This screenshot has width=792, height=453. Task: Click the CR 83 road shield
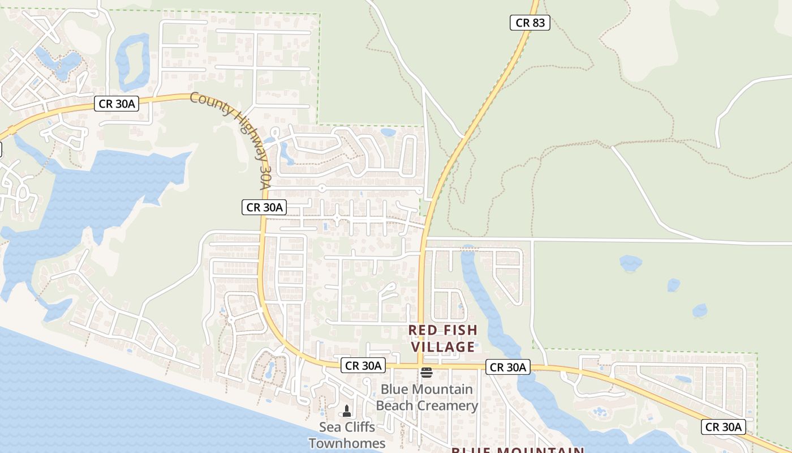pos(530,23)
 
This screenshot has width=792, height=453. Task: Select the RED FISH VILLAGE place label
pos(443,338)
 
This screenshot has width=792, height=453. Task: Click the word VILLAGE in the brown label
pos(443,347)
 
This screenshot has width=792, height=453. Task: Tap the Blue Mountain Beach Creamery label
pos(427,398)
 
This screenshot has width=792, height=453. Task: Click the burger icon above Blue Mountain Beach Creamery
pos(427,372)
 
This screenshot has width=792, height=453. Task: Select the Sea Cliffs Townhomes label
pos(347,435)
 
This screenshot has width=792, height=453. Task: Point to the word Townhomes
pos(347,443)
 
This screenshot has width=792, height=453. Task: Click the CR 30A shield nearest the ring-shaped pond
pos(116,104)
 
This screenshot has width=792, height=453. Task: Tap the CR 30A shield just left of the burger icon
pos(363,365)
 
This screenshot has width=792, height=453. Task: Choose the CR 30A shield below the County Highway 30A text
pos(264,207)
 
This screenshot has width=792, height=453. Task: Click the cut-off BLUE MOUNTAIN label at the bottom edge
pos(517,450)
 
